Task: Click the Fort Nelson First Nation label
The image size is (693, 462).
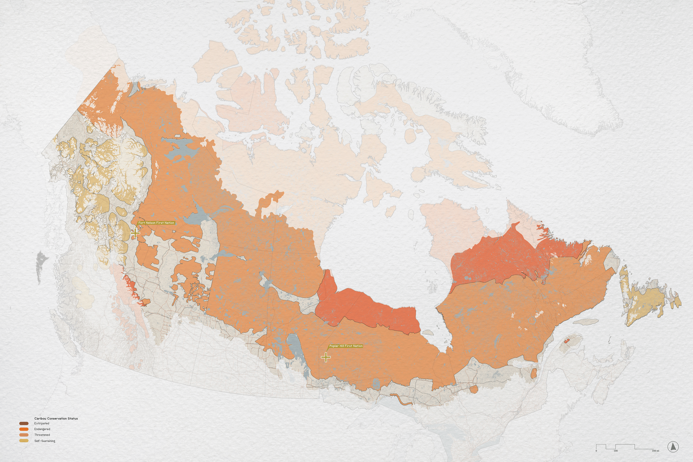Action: pyautogui.click(x=156, y=223)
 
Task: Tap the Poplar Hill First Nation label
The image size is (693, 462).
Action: pyautogui.click(x=346, y=346)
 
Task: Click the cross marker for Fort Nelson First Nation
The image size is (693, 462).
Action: pyautogui.click(x=135, y=233)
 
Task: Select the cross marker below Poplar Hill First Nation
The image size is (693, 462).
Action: pyautogui.click(x=326, y=357)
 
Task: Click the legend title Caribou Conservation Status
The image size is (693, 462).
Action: pyautogui.click(x=56, y=418)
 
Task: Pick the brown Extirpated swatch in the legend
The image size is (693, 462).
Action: pyautogui.click(x=24, y=423)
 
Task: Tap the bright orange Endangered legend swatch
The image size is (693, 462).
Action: pyautogui.click(x=24, y=429)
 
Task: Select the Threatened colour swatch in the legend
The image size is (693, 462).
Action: pyautogui.click(x=24, y=435)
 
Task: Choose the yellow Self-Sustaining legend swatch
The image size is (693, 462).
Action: pyautogui.click(x=24, y=441)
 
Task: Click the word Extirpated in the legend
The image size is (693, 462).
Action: pyautogui.click(x=42, y=423)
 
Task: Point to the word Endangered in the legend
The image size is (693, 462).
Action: pyautogui.click(x=42, y=429)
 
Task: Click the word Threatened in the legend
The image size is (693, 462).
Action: pyautogui.click(x=42, y=435)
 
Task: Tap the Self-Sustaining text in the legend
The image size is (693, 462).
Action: pyautogui.click(x=45, y=441)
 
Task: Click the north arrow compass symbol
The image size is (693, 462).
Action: pyautogui.click(x=673, y=447)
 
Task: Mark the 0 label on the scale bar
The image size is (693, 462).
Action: pyautogui.click(x=596, y=451)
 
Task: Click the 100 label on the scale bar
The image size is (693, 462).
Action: pyautogui.click(x=615, y=451)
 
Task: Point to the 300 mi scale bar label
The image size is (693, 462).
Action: pyautogui.click(x=655, y=451)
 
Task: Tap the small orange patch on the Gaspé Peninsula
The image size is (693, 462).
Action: pyautogui.click(x=566, y=341)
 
